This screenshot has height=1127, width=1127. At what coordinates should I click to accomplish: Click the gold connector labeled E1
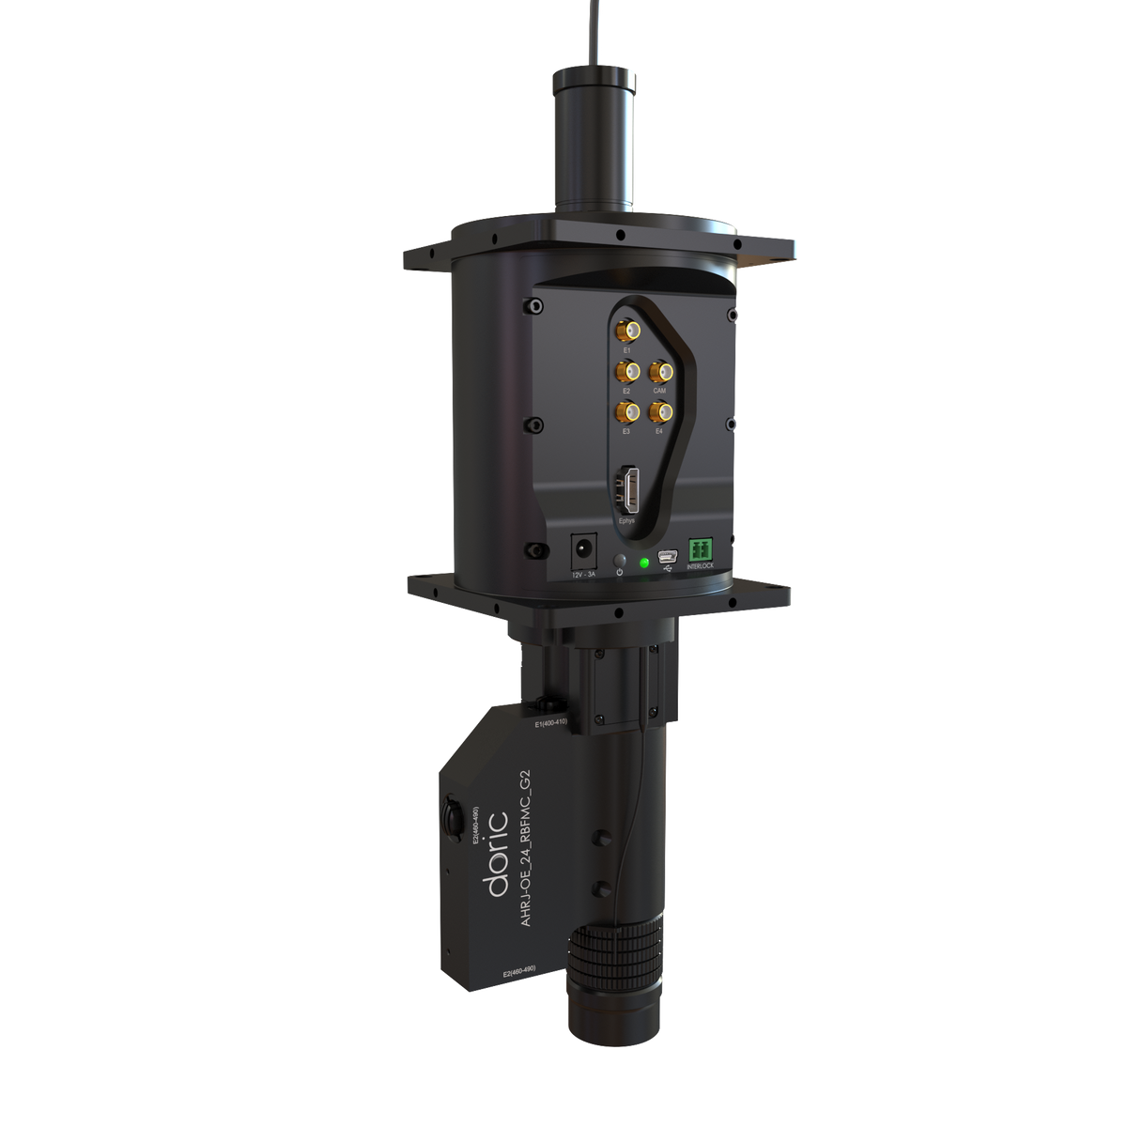(x=626, y=331)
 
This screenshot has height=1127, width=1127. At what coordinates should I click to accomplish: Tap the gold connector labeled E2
(x=626, y=370)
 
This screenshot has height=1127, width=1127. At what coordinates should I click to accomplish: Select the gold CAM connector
(x=660, y=370)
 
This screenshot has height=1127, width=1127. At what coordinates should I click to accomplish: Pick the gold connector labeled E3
(x=626, y=410)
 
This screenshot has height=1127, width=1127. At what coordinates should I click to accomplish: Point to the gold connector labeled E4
(x=660, y=410)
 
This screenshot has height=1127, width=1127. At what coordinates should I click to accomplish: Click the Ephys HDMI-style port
(x=628, y=488)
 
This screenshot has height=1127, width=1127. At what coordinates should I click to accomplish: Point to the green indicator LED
(x=643, y=563)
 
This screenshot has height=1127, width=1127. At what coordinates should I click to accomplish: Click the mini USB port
(x=668, y=554)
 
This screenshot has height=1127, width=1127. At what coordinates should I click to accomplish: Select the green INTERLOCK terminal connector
(x=700, y=548)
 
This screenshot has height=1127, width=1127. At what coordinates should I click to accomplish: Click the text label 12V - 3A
(x=583, y=573)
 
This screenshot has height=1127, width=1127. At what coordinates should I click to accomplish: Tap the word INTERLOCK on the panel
(x=701, y=566)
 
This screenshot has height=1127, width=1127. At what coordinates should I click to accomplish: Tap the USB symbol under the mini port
(x=668, y=568)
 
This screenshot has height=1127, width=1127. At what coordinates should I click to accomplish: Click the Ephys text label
(x=627, y=520)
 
